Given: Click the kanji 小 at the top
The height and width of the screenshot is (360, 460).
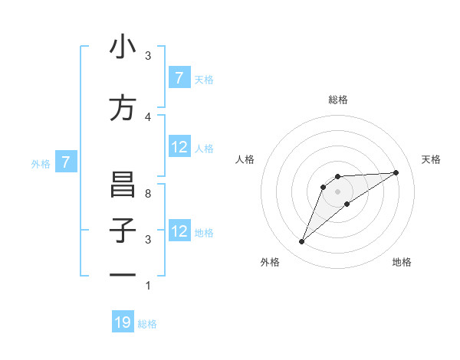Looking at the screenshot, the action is [x=123, y=47].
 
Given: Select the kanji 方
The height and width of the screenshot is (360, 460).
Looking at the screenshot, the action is [x=123, y=108].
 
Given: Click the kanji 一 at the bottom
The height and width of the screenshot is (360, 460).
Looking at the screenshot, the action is [x=123, y=274].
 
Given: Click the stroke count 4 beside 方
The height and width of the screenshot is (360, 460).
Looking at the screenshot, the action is [x=148, y=116].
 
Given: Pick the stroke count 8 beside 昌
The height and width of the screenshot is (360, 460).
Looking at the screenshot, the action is [x=148, y=194].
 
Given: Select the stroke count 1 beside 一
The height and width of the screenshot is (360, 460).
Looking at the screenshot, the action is [x=148, y=286].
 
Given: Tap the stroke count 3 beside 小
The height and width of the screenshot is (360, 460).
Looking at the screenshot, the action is [x=148, y=56].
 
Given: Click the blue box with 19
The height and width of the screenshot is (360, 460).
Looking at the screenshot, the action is [x=123, y=322].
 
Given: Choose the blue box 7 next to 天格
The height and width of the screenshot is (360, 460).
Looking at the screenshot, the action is [x=179, y=78].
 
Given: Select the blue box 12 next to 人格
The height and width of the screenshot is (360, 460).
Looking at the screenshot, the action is [x=179, y=147].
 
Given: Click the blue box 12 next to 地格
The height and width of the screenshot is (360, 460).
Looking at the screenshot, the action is [x=179, y=231].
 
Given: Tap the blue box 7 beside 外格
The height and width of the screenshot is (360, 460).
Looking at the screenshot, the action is [x=66, y=162].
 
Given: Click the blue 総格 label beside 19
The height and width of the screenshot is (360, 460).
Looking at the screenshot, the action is [x=147, y=324].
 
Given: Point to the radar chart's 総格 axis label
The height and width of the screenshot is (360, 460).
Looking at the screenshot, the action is [x=337, y=100].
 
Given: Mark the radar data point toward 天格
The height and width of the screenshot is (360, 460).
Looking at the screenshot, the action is [x=396, y=172].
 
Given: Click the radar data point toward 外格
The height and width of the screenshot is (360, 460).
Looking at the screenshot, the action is [x=301, y=242].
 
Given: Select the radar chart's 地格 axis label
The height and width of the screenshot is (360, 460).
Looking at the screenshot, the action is [x=402, y=263].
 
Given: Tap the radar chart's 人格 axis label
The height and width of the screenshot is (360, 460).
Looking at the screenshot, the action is [x=245, y=159].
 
